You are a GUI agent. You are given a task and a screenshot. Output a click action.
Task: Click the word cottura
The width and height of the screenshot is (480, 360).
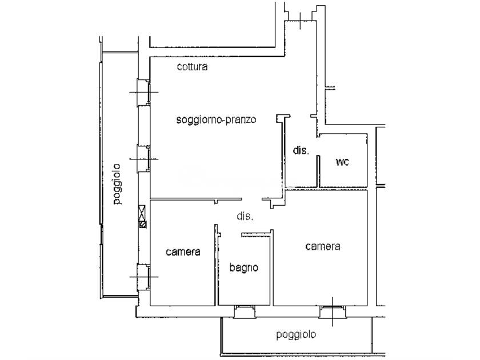192,67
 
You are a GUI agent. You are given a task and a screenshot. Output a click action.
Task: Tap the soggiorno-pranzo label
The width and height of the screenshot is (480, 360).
216,119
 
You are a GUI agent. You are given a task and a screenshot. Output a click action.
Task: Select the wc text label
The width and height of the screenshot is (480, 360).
342,162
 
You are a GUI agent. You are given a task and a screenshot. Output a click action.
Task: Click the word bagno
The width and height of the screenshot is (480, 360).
243,267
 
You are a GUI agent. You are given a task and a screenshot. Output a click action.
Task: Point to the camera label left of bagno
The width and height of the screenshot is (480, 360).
183,252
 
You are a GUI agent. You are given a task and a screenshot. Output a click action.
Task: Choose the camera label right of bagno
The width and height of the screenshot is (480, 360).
323,246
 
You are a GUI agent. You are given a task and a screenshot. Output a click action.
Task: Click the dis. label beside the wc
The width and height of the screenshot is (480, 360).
301,150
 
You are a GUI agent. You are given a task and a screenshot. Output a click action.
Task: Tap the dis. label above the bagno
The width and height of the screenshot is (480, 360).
245,216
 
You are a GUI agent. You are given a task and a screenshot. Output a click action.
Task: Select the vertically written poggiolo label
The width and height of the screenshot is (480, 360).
117,184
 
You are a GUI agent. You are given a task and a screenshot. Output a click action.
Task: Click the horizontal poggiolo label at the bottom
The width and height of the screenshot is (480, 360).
296,335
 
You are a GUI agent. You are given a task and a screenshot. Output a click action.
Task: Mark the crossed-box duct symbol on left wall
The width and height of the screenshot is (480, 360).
142,213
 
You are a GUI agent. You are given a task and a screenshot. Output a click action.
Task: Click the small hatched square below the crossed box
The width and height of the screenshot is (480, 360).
143,225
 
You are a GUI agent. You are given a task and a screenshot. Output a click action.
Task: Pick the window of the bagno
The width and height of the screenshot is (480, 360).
245,311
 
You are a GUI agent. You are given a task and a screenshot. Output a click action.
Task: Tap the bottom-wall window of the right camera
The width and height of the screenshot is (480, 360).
333,311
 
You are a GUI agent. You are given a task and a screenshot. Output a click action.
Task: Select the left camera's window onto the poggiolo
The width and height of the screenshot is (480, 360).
143,277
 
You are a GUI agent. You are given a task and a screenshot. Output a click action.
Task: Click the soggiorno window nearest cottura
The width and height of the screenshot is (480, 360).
143,93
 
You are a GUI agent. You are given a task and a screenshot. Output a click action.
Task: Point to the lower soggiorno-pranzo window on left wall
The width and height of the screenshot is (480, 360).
143,159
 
